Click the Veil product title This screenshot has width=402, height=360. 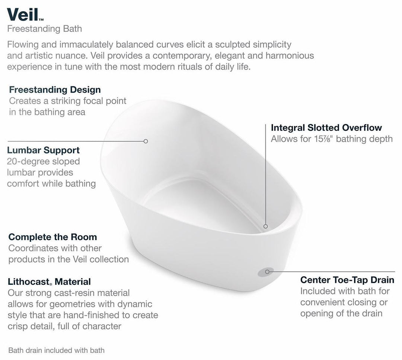click(23, 15)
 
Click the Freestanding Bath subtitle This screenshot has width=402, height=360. click(45, 29)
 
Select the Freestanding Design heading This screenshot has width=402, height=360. click(55, 90)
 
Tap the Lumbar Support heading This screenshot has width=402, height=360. click(43, 150)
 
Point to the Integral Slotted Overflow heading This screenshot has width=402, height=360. click(326, 128)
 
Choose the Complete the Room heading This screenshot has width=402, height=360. click(53, 237)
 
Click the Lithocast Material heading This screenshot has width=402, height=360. click(49, 281)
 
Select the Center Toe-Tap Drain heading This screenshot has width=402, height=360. click(347, 280)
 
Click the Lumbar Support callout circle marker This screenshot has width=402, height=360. click(146, 141)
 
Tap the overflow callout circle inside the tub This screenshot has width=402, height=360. click(266, 226)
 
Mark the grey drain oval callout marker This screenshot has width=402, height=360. click(266, 272)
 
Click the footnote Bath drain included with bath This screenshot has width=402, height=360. click(57, 350)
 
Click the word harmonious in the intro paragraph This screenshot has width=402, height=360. click(290, 55)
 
